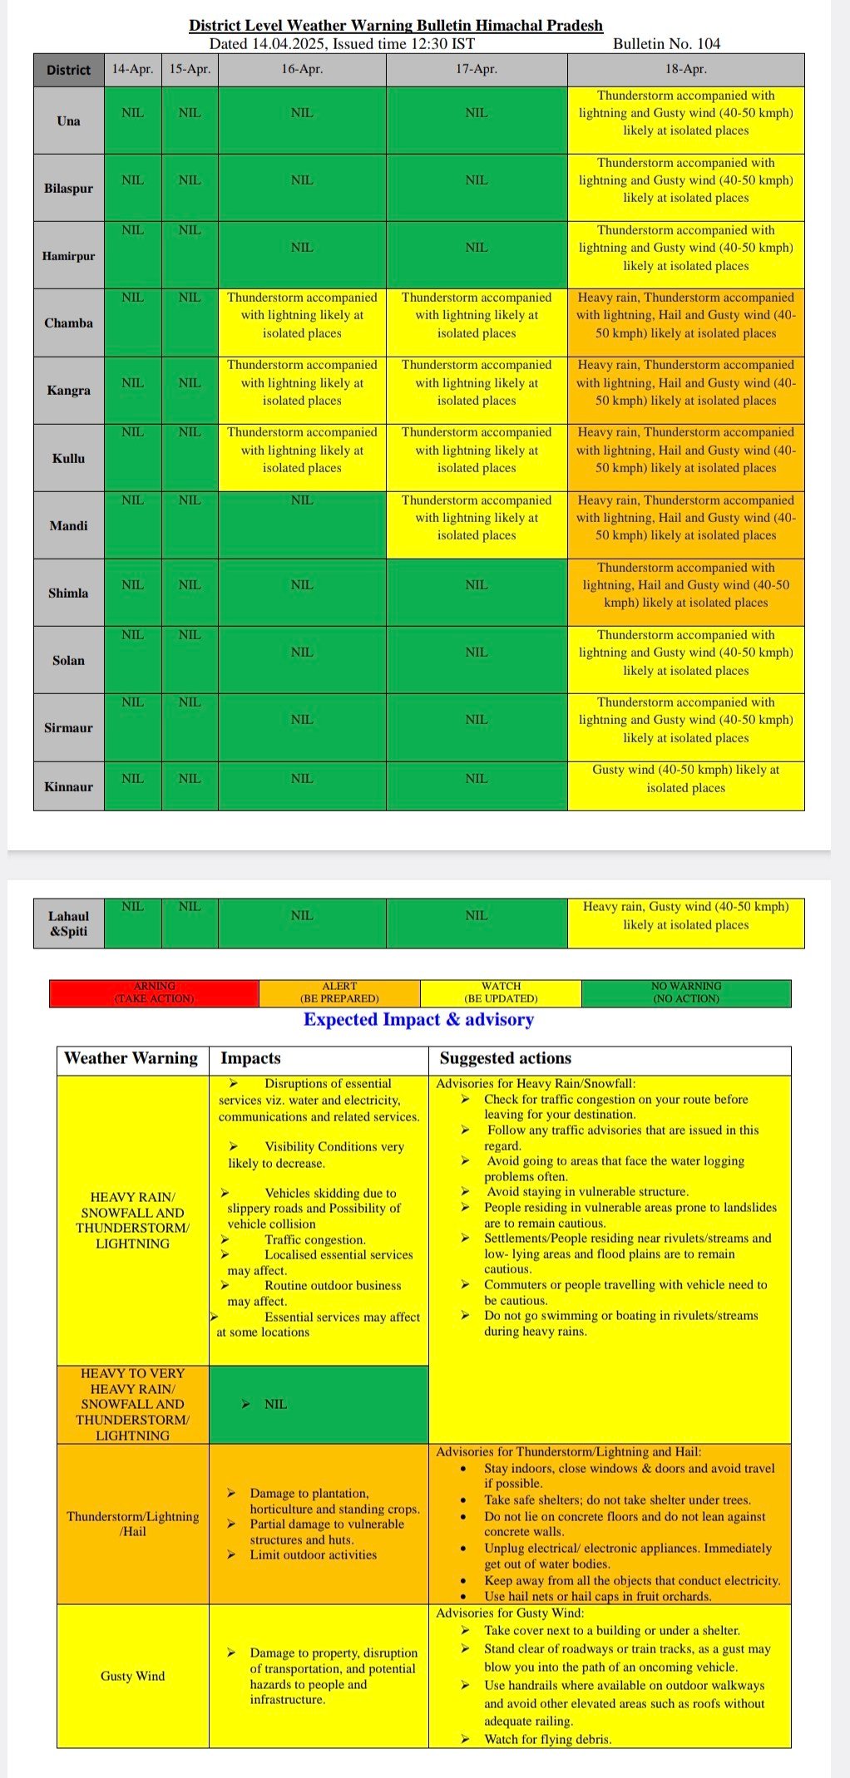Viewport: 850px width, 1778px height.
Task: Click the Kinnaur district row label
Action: pos(68,786)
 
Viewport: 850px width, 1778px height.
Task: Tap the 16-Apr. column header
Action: pos(301,69)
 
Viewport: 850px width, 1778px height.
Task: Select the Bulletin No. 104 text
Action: pos(666,44)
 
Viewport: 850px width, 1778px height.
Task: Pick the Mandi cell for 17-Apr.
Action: pos(477,518)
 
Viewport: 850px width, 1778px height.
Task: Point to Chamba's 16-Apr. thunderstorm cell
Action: pos(301,315)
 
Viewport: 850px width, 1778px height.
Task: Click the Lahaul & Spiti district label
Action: pos(68,923)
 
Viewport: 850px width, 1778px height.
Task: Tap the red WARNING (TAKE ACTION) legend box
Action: pos(155,992)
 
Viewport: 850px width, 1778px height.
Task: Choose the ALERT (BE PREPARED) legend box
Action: pos(339,992)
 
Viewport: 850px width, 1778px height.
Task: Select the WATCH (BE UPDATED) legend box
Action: pos(501,992)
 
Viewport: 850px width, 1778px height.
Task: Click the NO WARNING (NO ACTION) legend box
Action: pos(685,992)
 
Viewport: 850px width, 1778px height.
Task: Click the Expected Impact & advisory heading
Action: pos(418,1020)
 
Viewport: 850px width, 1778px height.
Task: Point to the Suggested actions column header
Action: pos(506,1058)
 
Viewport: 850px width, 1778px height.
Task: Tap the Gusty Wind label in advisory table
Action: pos(132,1676)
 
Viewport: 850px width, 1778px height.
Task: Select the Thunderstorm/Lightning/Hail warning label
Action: pos(132,1524)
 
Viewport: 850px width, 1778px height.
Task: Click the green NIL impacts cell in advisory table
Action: pos(318,1404)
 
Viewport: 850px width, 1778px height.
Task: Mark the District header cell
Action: pos(68,70)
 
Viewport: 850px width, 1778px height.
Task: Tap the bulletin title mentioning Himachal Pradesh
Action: pos(396,26)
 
